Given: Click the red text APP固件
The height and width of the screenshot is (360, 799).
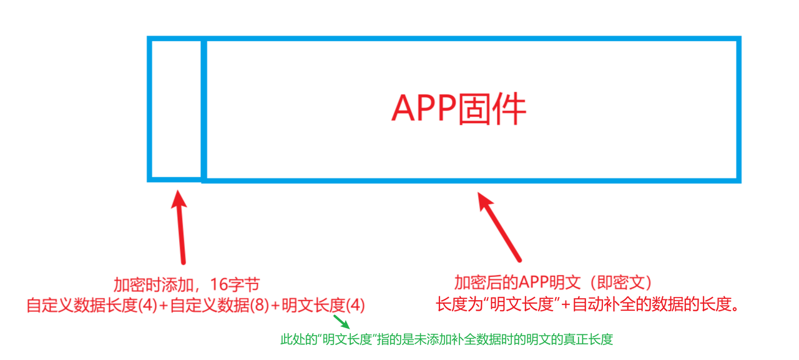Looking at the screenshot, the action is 459,110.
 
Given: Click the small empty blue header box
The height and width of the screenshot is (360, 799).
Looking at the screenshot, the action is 176,110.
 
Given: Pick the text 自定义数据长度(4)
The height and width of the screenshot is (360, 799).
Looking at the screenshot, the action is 92,306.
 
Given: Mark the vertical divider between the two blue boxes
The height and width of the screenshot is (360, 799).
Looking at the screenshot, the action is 203,110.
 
